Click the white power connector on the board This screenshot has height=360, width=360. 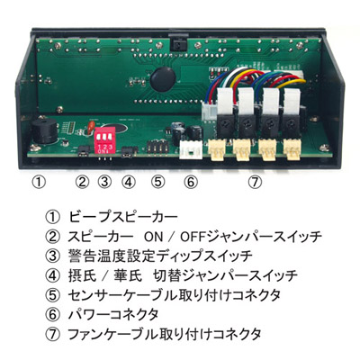190,149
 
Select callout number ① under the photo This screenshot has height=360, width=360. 39,182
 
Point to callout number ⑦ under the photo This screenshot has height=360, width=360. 255,182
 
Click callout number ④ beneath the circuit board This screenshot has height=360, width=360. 129,182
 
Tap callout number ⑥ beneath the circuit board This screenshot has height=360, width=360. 191,182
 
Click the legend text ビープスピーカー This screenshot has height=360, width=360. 123,217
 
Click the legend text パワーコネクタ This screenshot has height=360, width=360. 113,315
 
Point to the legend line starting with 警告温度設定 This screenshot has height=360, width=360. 160,256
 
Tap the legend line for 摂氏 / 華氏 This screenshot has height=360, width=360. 183,275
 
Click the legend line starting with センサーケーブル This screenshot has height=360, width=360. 175,295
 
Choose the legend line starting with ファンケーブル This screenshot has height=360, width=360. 165,334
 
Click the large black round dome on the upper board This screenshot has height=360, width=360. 162,79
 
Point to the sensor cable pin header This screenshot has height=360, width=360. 156,148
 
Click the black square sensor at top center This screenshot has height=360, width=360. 178,43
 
